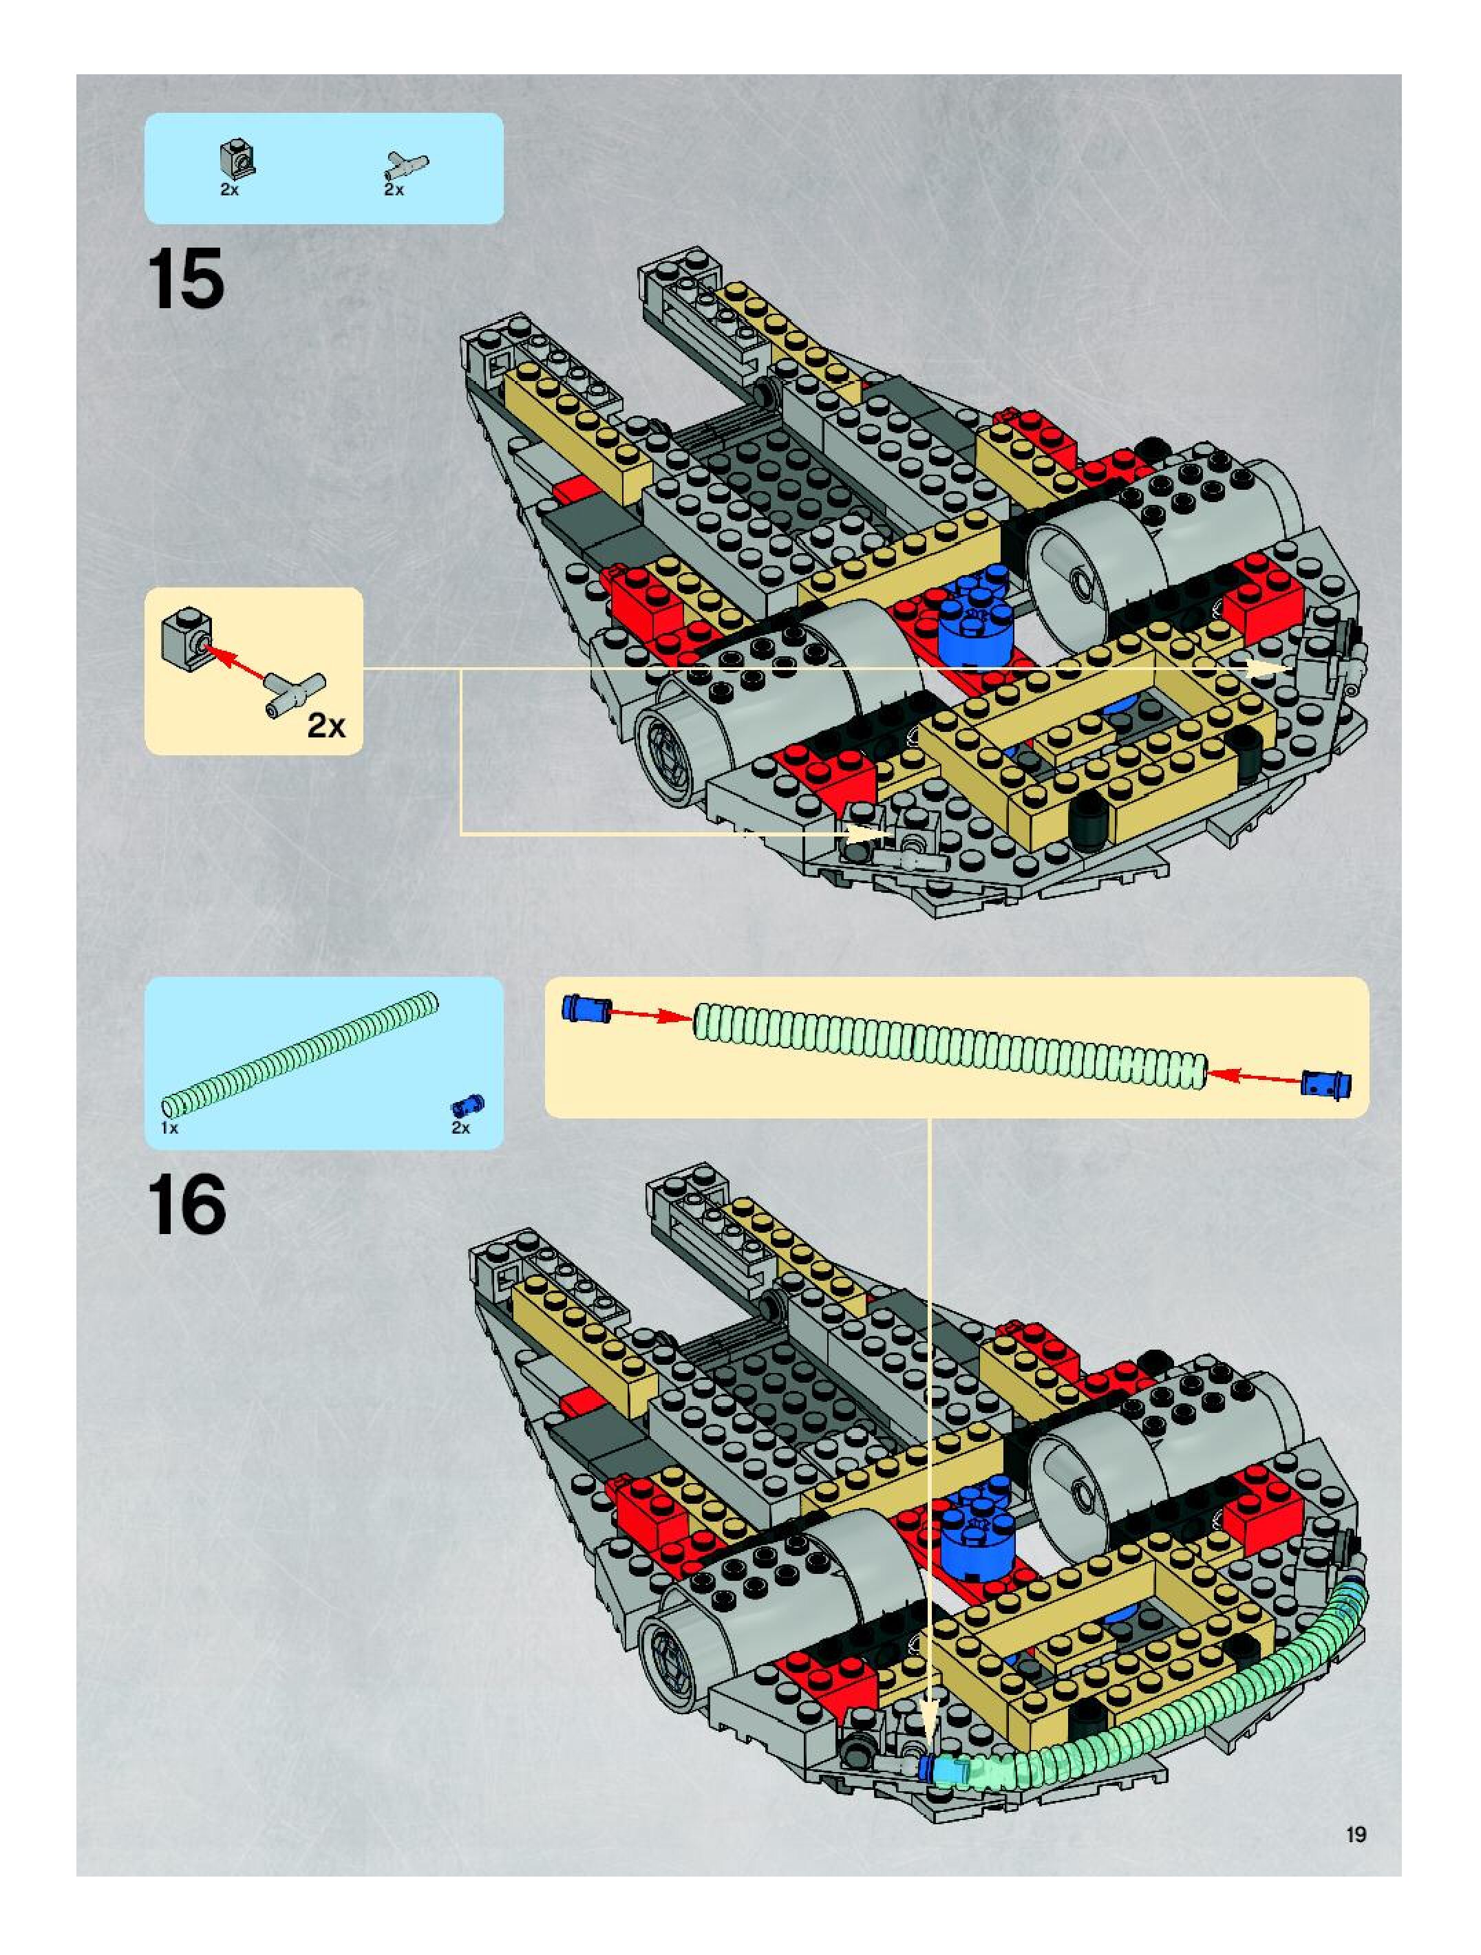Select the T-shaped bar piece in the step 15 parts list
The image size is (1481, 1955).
click(x=406, y=164)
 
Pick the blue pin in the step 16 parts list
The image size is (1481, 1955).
click(x=469, y=1105)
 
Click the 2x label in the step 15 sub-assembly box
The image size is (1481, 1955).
click(x=326, y=726)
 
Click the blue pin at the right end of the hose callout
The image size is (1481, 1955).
click(x=1325, y=1083)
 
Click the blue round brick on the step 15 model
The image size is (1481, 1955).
click(x=971, y=620)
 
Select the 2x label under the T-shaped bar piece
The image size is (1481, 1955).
click(x=394, y=190)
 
